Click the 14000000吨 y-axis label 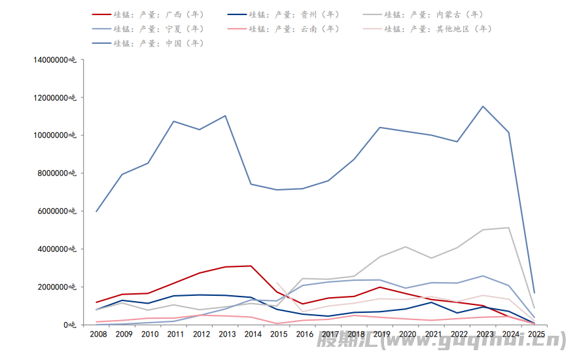click(x=55, y=60)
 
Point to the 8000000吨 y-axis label click(x=57, y=173)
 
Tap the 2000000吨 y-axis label click(x=57, y=287)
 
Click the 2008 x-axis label click(x=98, y=334)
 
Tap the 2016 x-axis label click(x=304, y=334)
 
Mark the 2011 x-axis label click(x=175, y=334)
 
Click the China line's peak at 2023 click(x=483, y=106)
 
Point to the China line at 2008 click(x=96, y=211)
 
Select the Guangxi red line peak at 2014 click(x=251, y=266)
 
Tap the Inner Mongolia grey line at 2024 click(x=508, y=228)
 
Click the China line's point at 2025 click(x=535, y=293)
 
